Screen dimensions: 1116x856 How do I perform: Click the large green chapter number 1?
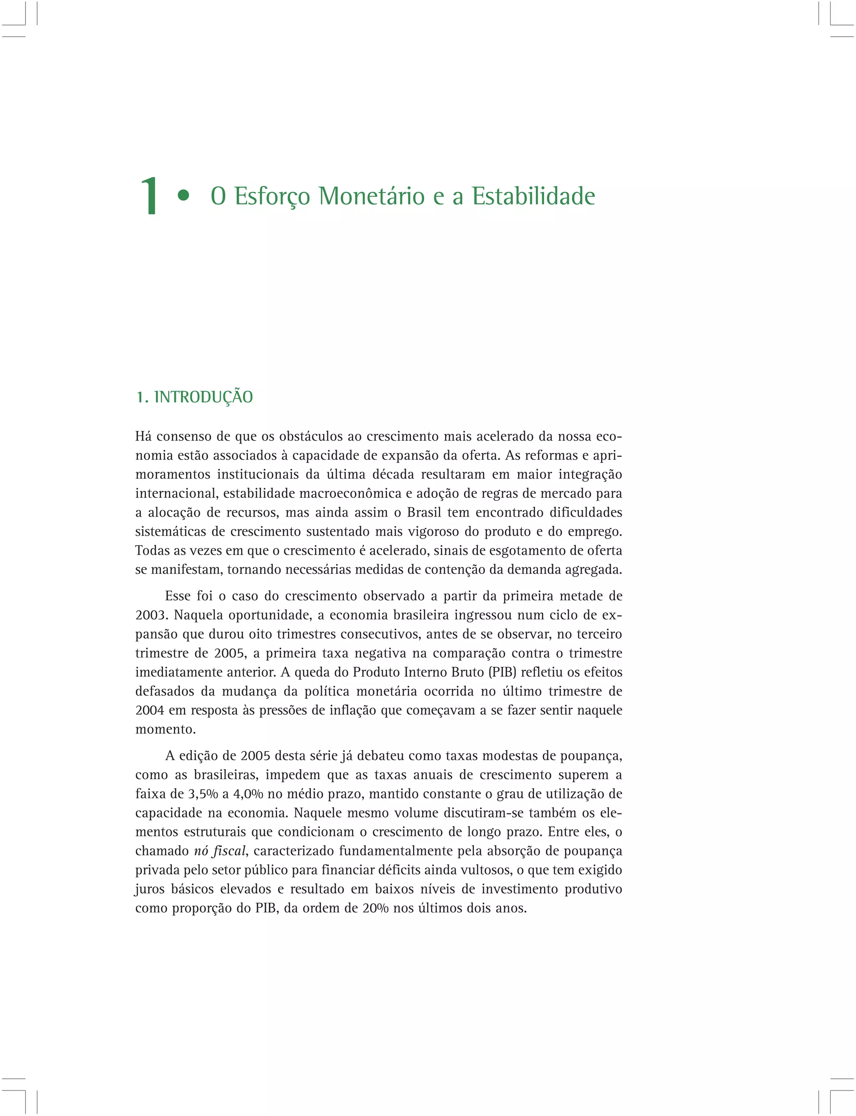[x=149, y=196]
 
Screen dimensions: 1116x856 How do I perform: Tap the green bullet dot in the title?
[x=183, y=196]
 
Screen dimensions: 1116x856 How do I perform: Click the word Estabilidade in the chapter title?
[x=533, y=196]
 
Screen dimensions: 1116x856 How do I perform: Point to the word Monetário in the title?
[x=372, y=196]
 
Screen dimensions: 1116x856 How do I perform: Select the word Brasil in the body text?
[x=424, y=512]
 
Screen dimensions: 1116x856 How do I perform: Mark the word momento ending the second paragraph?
[x=165, y=729]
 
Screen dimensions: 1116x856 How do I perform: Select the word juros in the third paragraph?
[x=150, y=889]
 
